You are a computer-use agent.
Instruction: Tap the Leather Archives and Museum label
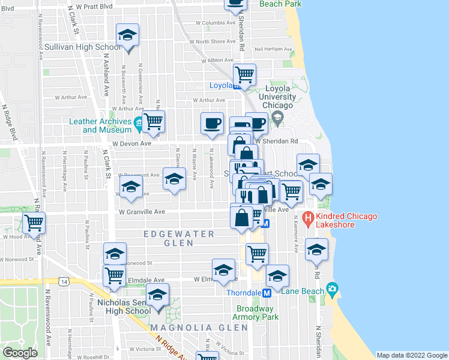(x=100, y=125)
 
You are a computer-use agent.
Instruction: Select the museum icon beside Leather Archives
(x=139, y=125)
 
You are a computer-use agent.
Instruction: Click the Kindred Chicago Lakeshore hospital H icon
(x=308, y=217)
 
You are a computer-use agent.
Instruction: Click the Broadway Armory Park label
(x=256, y=313)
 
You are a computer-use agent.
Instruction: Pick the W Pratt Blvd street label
(x=92, y=7)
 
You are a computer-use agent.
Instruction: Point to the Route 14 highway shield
(x=64, y=281)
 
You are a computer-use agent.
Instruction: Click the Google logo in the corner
(x=20, y=353)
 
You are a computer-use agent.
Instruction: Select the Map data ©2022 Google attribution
(x=411, y=355)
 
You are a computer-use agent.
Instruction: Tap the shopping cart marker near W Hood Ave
(x=34, y=223)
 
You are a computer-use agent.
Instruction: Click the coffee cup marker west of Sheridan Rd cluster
(x=211, y=123)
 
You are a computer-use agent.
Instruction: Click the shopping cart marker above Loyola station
(x=244, y=75)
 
